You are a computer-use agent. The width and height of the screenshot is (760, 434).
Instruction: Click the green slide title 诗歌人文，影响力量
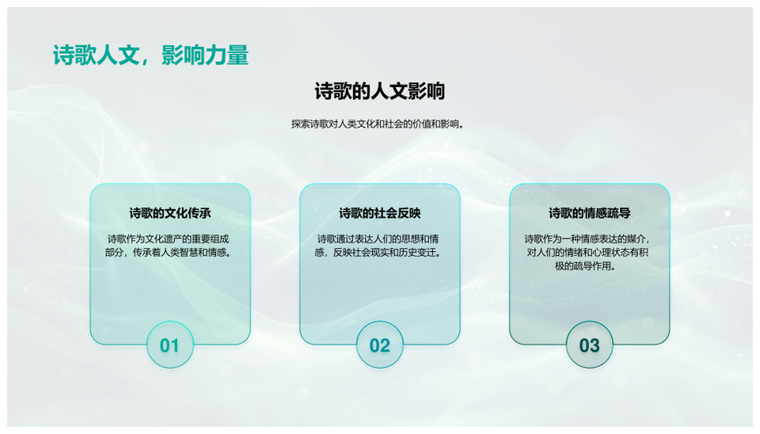point(150,55)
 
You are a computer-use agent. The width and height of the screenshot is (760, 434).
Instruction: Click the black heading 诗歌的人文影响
point(380,91)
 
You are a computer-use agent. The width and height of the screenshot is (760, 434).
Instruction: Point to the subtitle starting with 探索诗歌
point(378,124)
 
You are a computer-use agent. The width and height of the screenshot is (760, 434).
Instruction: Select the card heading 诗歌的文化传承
point(170,213)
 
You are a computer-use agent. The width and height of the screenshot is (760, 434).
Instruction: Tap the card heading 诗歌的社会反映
point(380,213)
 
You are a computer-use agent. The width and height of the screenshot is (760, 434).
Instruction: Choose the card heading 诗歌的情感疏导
point(589,213)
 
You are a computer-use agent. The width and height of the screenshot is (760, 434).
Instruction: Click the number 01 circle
point(170,345)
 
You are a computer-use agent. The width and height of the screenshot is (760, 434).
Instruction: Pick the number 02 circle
point(380,345)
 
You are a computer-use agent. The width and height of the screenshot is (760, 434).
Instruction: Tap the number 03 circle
point(589,345)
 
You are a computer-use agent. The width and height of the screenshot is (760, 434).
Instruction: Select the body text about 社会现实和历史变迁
point(378,246)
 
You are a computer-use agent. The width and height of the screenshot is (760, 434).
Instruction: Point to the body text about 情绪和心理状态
point(587,252)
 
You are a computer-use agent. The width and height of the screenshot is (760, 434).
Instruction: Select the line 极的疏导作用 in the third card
point(585,266)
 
